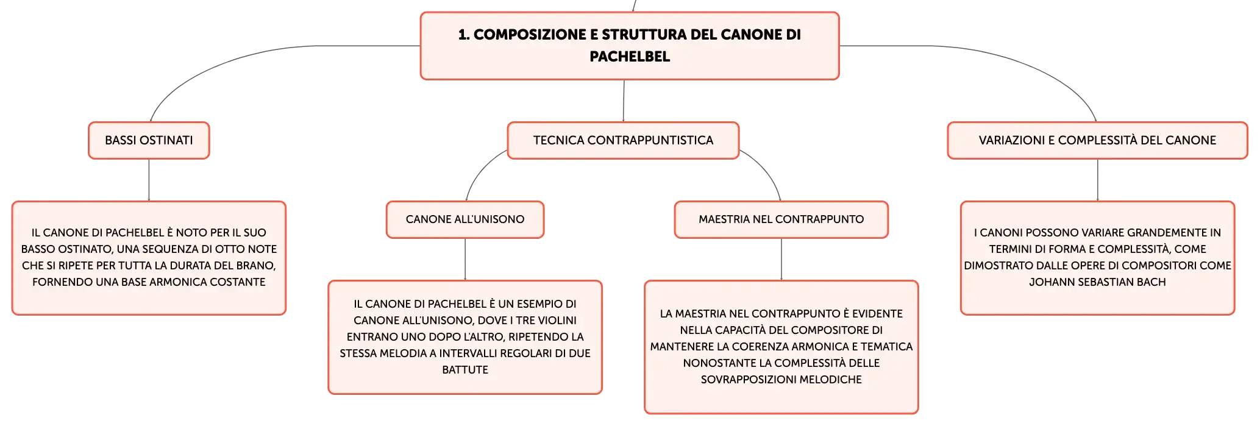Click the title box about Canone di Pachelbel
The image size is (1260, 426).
[x=630, y=46]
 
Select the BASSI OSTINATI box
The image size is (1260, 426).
[x=149, y=140]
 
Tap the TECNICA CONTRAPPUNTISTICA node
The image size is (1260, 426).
[x=623, y=140]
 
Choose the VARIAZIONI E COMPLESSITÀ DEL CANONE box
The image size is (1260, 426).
[x=1097, y=140]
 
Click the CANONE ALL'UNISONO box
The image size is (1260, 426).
[x=465, y=219]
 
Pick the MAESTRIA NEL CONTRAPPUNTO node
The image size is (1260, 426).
[x=781, y=219]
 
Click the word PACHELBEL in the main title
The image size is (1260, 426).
[x=630, y=57]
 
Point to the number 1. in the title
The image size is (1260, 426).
[x=464, y=35]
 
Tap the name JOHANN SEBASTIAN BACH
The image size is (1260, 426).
[x=1097, y=282]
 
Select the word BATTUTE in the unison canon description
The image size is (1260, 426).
[x=465, y=370]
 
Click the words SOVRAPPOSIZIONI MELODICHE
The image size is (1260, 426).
[x=781, y=380]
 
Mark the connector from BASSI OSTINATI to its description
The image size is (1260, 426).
[x=149, y=180]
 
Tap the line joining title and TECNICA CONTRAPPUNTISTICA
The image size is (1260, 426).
[x=624, y=101]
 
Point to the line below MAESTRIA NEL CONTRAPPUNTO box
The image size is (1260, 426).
[x=781, y=259]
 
